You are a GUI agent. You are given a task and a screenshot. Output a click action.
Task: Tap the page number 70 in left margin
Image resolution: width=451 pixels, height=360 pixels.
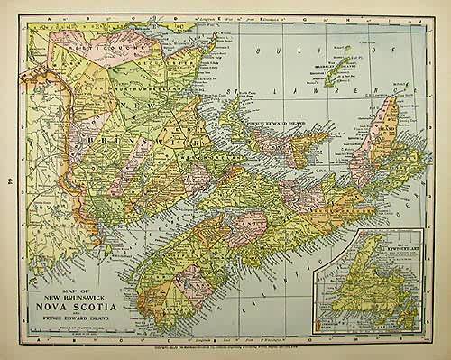click(x=9, y=180)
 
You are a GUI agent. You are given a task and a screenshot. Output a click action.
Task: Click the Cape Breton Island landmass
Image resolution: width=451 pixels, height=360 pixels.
click(x=374, y=144)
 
